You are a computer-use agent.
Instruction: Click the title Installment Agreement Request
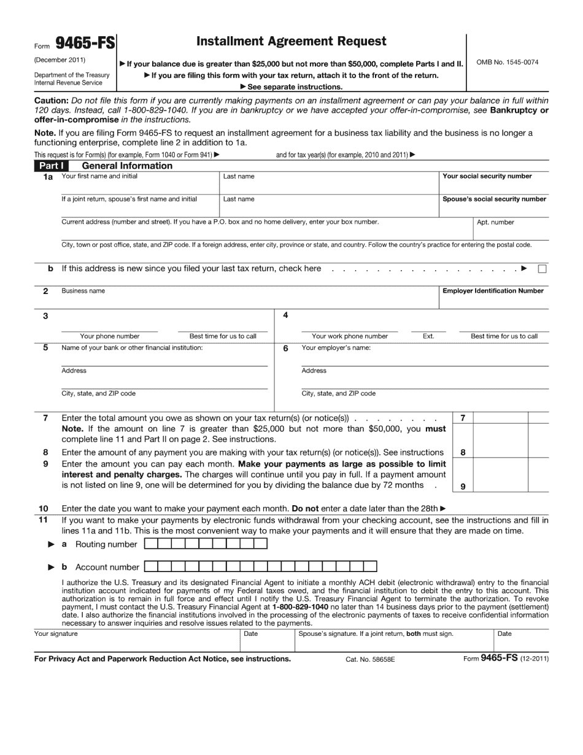point(291,41)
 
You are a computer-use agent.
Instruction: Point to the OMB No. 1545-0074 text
point(508,62)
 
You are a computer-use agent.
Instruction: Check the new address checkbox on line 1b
point(542,269)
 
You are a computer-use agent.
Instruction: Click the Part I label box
point(51,166)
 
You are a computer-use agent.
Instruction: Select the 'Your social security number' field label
point(487,176)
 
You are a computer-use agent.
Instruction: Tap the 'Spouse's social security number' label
point(494,199)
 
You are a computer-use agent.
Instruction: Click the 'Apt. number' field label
point(495,222)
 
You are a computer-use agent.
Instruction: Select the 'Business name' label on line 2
point(83,291)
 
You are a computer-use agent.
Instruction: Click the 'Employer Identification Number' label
point(493,291)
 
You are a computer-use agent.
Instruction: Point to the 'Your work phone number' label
point(350,336)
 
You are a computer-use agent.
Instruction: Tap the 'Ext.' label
point(428,336)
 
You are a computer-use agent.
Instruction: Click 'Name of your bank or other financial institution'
point(132,348)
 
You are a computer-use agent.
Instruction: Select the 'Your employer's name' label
point(336,348)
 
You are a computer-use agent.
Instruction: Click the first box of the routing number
point(150,544)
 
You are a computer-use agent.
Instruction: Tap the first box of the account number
point(150,567)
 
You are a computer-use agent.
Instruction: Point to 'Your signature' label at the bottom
point(56,633)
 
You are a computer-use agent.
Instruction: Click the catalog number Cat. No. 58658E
point(370,659)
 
